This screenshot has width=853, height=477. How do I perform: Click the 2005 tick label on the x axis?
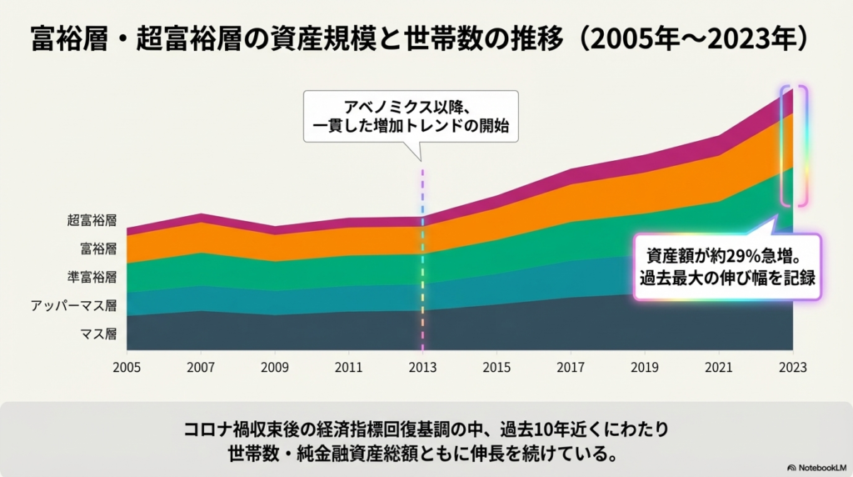tap(127, 366)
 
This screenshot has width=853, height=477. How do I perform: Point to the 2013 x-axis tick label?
tap(422, 366)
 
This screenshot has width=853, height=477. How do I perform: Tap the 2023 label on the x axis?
tap(792, 366)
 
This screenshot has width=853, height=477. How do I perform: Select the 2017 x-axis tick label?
tap(571, 366)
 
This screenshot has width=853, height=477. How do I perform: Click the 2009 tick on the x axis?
tap(275, 366)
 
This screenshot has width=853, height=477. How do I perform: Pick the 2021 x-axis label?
tap(718, 366)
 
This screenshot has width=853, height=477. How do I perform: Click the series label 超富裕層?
tap(92, 221)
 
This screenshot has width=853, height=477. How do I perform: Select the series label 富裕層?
tap(97, 249)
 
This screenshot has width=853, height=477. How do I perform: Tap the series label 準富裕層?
tap(92, 277)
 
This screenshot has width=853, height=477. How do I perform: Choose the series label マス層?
tap(97, 334)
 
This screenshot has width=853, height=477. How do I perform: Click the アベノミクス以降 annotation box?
tap(410, 117)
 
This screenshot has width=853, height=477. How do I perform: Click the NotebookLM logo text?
tap(819, 467)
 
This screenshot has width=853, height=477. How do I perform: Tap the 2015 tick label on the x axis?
tap(496, 366)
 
